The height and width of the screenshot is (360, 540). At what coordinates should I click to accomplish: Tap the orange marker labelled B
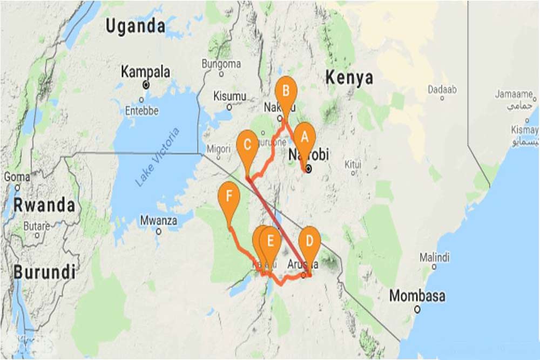[286, 91]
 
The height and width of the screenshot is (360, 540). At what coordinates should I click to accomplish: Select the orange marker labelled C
[247, 145]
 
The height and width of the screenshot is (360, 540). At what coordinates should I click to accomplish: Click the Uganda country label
[135, 26]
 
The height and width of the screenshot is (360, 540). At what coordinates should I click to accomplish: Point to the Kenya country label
[349, 78]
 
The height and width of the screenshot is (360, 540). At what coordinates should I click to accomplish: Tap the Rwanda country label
[44, 205]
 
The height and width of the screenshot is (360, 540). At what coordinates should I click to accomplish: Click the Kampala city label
[145, 72]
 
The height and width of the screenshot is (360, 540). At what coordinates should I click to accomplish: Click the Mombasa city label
[417, 296]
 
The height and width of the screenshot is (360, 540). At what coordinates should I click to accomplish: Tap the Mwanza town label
[158, 221]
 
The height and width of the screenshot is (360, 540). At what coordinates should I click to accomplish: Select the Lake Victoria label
[157, 158]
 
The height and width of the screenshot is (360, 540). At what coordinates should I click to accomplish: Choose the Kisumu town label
[230, 97]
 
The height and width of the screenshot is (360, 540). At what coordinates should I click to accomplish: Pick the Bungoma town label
[221, 64]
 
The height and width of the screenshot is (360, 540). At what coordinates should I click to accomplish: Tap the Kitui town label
[352, 163]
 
